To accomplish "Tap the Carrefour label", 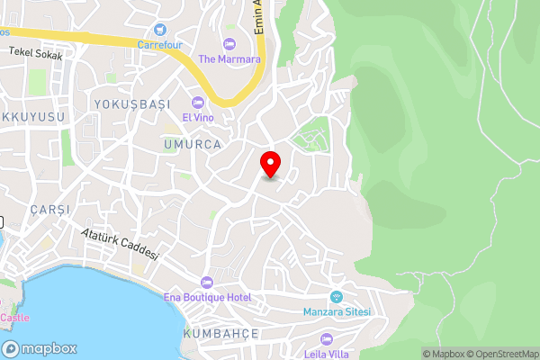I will [x=159, y=43].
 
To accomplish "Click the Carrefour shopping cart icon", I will [x=159, y=30].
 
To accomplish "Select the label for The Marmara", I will [x=229, y=58].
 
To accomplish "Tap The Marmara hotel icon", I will [x=229, y=44].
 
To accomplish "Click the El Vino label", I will [x=198, y=116].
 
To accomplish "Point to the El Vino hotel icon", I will [x=198, y=102].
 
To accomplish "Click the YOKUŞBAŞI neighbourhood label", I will [x=131, y=104].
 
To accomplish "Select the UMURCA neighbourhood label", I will [x=193, y=143].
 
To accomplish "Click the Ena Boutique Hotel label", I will [x=207, y=297].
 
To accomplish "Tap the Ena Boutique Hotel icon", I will [x=207, y=283].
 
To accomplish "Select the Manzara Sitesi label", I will [x=337, y=312].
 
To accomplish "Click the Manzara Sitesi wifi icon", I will [x=337, y=298].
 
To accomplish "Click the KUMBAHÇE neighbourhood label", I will [x=220, y=334].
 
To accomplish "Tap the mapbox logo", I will [x=40, y=348].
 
